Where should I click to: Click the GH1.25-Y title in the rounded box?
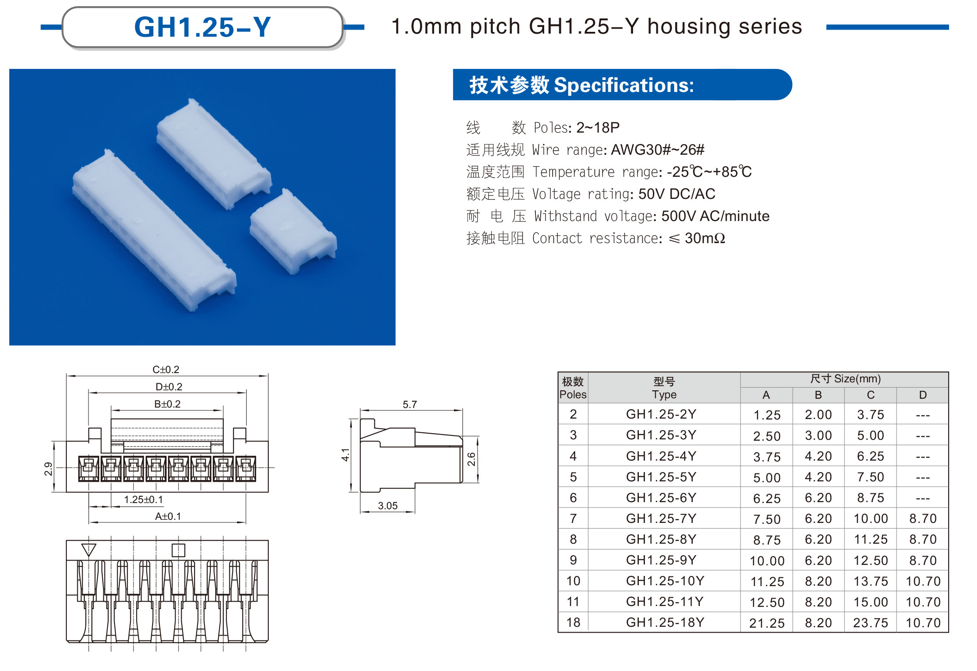click(x=202, y=27)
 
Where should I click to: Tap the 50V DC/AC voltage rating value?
click(x=676, y=194)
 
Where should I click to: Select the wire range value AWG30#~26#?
click(x=657, y=149)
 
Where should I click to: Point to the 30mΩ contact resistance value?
click(x=705, y=238)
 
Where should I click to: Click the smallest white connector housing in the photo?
click(x=293, y=231)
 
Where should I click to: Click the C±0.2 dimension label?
click(x=166, y=369)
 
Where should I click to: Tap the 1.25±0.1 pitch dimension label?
click(x=143, y=499)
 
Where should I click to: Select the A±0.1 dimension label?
click(x=168, y=516)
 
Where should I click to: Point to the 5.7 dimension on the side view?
click(x=409, y=404)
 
